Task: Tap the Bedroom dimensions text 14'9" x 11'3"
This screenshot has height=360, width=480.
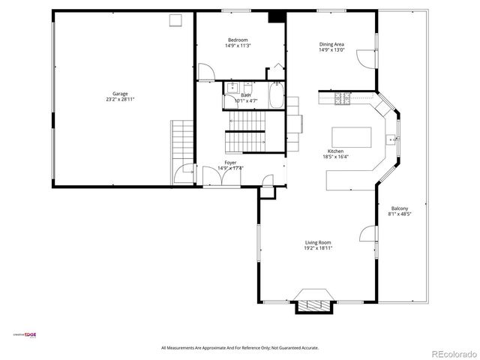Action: [x=237, y=46]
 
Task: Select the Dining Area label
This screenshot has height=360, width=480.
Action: [x=331, y=44]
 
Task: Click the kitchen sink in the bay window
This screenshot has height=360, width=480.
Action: [x=391, y=139]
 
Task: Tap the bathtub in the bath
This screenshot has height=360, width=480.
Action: [x=275, y=97]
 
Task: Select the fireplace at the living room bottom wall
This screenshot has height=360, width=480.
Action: [x=314, y=301]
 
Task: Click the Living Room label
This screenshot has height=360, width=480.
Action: [x=318, y=242]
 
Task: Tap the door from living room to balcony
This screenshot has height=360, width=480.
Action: [x=367, y=234]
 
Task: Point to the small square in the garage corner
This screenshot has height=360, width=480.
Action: [x=175, y=20]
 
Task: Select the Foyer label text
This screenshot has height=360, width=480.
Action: [x=230, y=163]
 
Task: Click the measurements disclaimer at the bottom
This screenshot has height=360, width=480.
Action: [x=240, y=348]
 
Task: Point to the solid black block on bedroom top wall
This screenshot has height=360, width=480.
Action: [x=277, y=16]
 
